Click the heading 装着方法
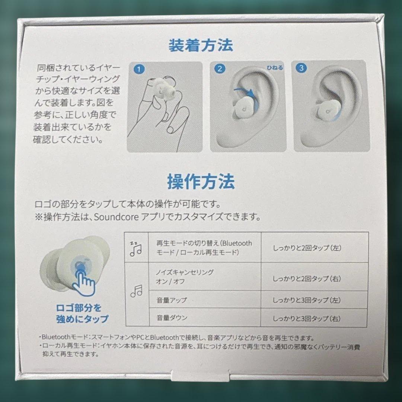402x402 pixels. (x=201, y=45)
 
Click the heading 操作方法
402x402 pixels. (x=201, y=182)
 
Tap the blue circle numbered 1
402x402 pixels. (x=138, y=69)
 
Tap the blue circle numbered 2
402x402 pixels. (x=220, y=68)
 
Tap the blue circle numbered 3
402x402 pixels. (x=301, y=68)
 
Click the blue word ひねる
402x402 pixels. (x=274, y=68)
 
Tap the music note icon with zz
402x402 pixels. (x=135, y=248)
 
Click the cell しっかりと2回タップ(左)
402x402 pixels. (x=307, y=248)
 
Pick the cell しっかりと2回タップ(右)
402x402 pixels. (x=307, y=278)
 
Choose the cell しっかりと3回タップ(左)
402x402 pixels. (x=307, y=300)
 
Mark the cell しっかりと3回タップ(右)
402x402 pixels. (x=307, y=319)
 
